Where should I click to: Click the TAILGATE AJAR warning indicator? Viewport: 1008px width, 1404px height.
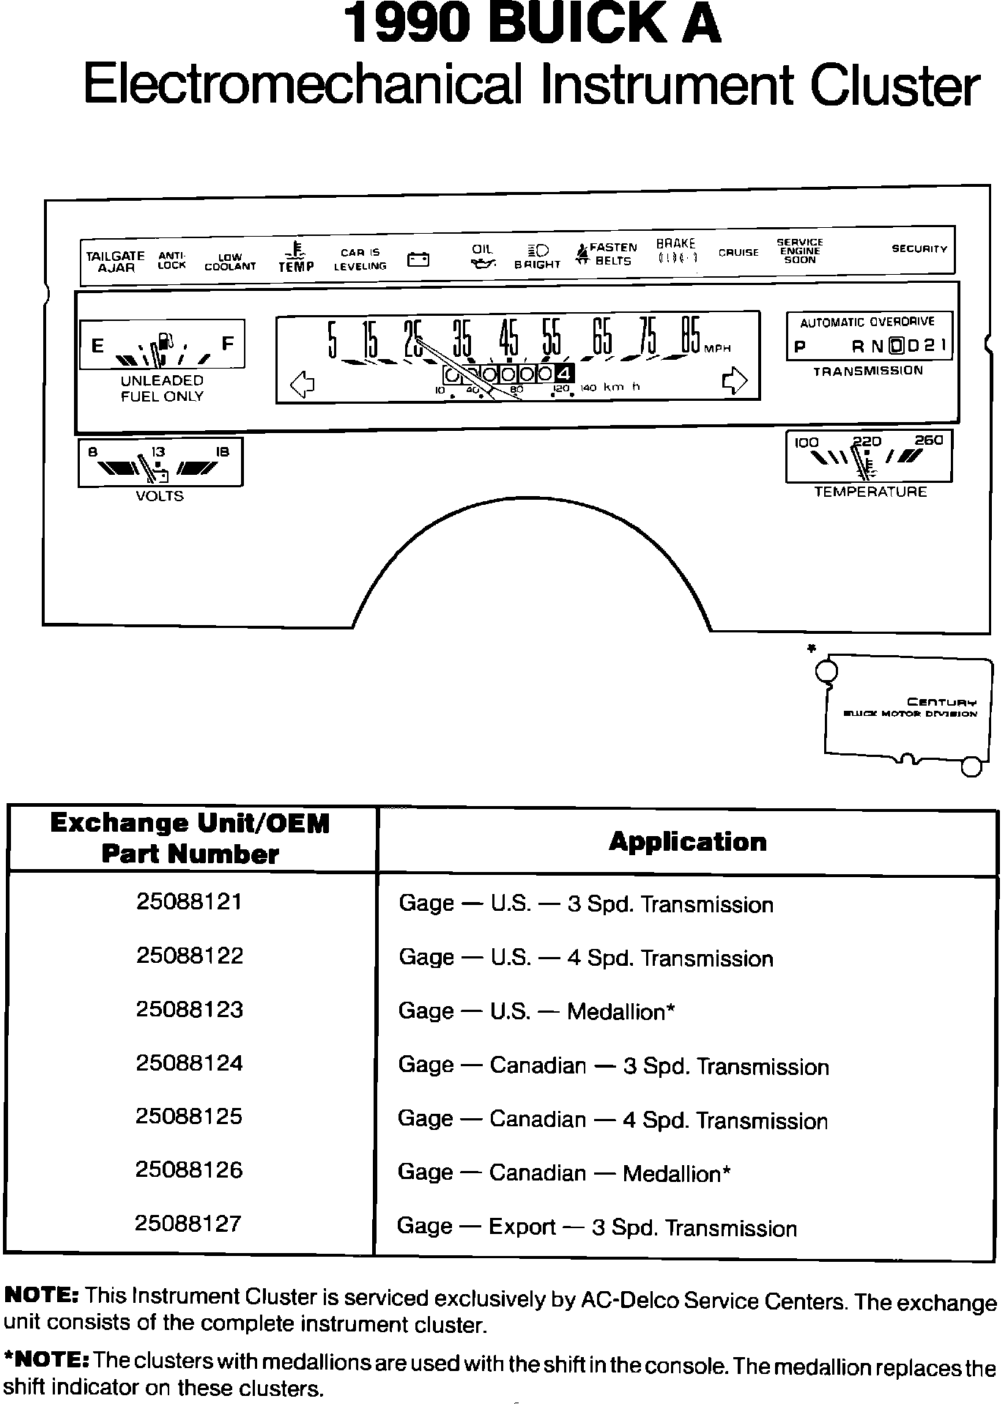115,262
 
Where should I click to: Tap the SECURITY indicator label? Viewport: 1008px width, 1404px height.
919,249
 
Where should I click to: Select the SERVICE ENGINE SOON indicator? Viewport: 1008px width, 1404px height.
799,251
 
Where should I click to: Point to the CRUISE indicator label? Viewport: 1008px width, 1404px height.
738,253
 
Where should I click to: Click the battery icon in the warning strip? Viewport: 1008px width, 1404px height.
418,259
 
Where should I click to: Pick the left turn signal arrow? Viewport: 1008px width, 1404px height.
302,383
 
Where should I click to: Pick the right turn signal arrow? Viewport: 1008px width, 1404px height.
735,380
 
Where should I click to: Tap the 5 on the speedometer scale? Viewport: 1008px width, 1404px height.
333,339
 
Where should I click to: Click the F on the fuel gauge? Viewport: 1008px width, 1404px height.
228,343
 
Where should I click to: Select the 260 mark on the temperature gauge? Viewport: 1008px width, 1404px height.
928,440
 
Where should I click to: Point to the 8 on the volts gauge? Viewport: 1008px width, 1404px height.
92,452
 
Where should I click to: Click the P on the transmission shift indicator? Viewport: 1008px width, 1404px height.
799,347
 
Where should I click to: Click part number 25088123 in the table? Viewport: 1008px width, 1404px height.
189,1009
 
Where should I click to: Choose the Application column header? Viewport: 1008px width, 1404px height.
687,841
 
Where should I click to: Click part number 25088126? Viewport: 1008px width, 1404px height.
189,1170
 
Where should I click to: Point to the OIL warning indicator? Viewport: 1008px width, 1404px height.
482,257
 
